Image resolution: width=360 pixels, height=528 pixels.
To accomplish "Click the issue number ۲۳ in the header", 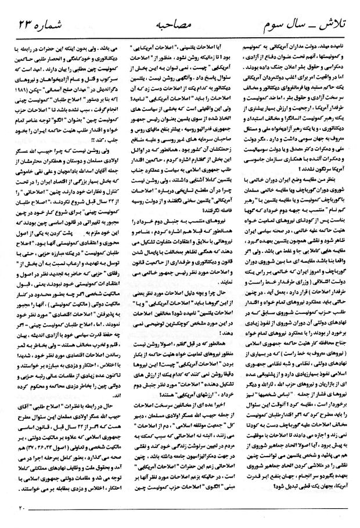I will coord(24,26).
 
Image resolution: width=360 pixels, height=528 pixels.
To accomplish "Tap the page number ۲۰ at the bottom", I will coord(19,509).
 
